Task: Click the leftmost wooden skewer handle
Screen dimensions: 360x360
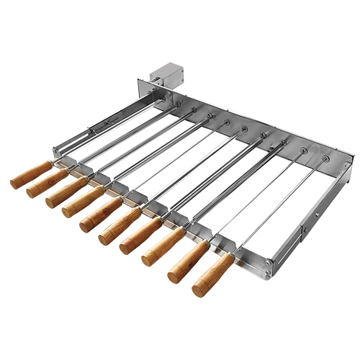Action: coord(32,174)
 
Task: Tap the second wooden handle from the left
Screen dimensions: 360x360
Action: coord(48,183)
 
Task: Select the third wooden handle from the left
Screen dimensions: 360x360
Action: coord(66,192)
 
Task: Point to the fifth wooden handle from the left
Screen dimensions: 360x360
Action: coord(101,214)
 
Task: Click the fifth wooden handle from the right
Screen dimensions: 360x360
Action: coord(120,225)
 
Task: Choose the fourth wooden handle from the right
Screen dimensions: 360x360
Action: coord(141,235)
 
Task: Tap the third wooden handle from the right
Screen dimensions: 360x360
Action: coord(163,247)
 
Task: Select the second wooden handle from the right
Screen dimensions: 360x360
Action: coord(188,261)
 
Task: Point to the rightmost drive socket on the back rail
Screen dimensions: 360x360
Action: coord(325,158)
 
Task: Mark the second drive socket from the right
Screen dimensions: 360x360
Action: coord(303,150)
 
